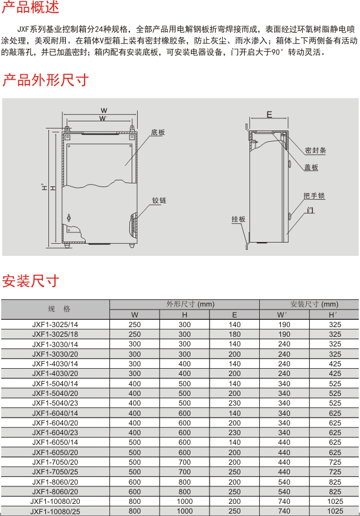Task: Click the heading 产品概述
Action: point(30,7)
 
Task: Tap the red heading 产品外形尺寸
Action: point(45,80)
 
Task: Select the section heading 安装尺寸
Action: point(30,281)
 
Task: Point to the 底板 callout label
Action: point(158,132)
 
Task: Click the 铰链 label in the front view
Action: point(159,200)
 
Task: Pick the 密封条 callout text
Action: point(315,150)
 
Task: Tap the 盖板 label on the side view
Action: point(311,168)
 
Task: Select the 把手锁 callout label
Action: point(314,196)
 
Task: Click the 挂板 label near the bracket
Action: point(239,219)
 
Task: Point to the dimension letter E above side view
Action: point(269,115)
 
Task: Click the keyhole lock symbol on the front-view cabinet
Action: point(69,217)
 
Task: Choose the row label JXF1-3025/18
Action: point(55,334)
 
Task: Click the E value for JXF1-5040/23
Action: point(234,403)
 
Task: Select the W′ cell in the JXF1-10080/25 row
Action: point(284,511)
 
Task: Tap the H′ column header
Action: point(333,315)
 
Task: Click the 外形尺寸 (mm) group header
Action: point(190,304)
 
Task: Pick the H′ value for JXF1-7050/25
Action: point(335,472)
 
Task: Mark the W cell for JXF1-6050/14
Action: point(135,442)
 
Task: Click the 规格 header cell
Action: point(59,309)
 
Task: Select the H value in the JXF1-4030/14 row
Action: point(184,364)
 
